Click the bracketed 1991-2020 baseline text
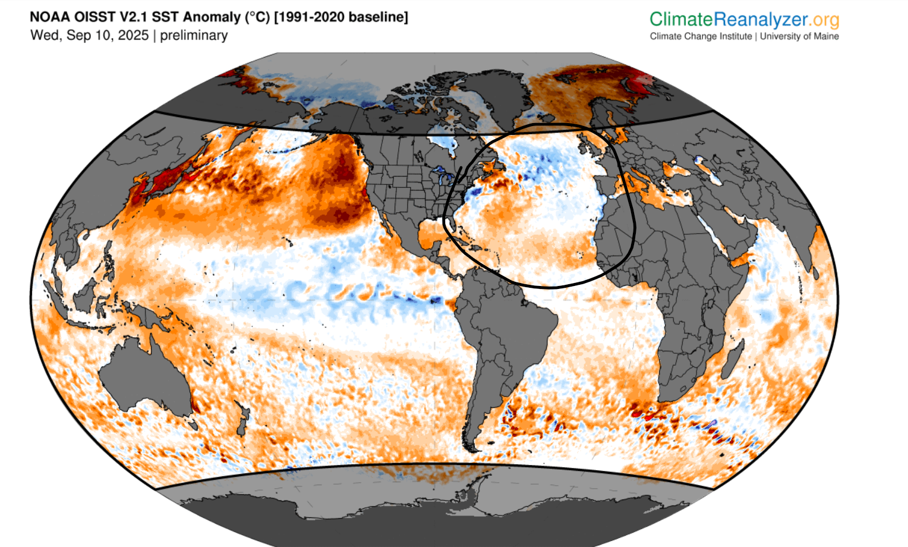(x=341, y=17)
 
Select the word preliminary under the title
(x=194, y=36)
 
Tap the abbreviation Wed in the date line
(x=44, y=35)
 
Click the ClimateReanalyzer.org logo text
(x=744, y=20)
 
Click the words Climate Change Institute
(x=701, y=36)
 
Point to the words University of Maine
(x=799, y=36)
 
